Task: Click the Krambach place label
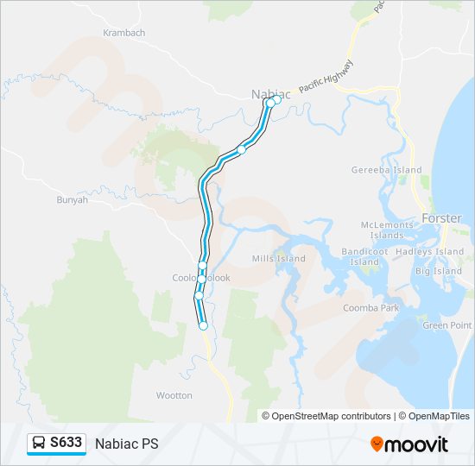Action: pos(123,33)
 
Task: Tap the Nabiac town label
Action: pos(269,93)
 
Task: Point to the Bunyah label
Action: pos(72,199)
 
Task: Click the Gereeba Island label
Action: pos(386,171)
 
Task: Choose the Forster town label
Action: pos(441,217)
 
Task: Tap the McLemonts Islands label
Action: pos(387,230)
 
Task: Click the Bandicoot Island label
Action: pos(366,256)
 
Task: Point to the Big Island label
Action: pos(439,271)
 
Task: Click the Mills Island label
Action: pos(279,259)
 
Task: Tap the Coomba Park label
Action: pos(395,308)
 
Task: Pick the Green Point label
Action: pos(447,325)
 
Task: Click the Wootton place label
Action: pos(174,395)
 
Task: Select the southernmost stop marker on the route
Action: pos(203,325)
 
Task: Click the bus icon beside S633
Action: pos(39,443)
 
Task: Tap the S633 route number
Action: pos(66,443)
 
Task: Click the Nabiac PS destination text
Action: pos(127,444)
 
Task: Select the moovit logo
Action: pos(409,444)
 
